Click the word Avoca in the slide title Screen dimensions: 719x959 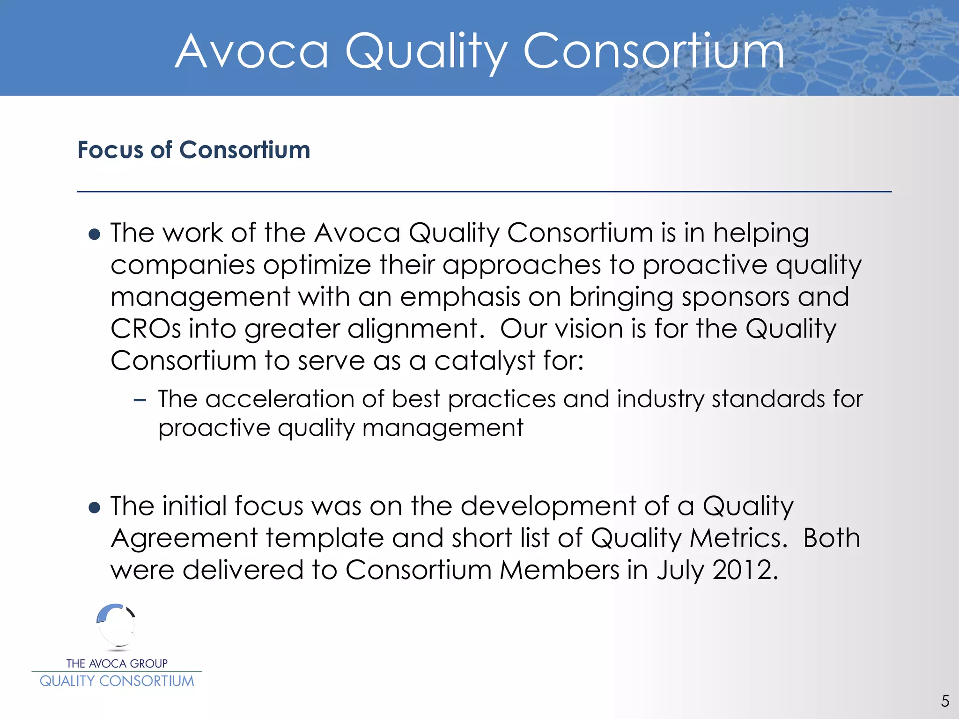click(252, 51)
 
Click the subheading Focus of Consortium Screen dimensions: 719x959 click(194, 150)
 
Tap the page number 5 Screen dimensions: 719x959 click(945, 701)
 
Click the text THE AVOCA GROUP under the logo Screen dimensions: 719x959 click(117, 663)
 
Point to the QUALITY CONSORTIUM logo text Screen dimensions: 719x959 click(117, 681)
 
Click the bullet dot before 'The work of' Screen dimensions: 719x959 click(95, 234)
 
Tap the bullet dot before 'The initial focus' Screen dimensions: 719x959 click(95, 507)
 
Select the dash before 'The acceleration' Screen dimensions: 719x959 click(140, 400)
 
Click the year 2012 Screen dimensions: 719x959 click(745, 570)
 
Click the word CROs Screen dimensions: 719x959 click(146, 329)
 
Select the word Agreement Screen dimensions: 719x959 click(184, 539)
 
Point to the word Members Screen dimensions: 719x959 click(560, 570)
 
